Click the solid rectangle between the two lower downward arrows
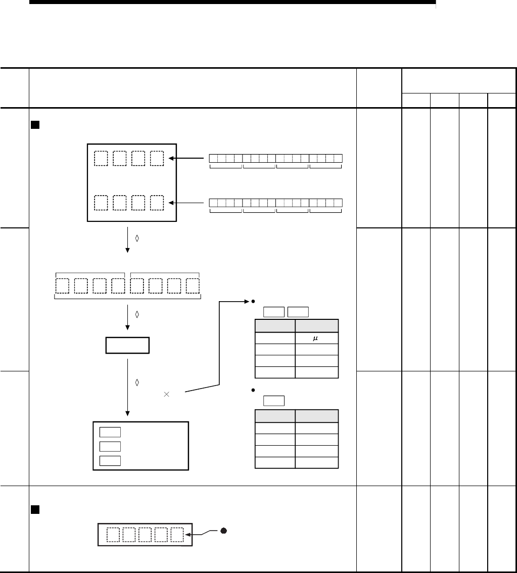pos(127,346)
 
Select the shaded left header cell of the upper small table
pos(275,325)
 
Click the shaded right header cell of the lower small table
pos(317,416)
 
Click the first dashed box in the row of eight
pos(62,285)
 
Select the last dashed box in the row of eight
pos(192,285)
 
